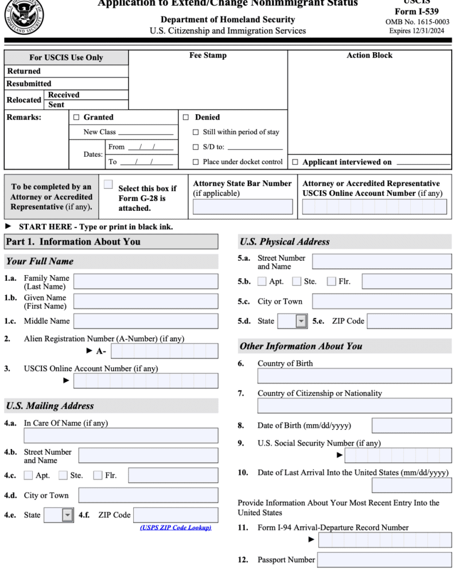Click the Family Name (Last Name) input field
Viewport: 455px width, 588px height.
point(146,281)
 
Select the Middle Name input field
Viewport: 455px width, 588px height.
point(146,321)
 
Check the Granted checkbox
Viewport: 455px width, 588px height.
point(76,117)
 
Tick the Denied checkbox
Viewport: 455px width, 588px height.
point(185,117)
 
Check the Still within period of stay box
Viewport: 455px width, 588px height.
point(196,132)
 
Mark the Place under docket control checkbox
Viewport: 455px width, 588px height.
point(196,162)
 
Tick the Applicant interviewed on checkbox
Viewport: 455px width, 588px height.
point(295,162)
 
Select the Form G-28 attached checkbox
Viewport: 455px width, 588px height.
point(108,184)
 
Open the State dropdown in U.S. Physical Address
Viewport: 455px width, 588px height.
point(301,321)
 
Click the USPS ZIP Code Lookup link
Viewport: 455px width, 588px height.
point(176,527)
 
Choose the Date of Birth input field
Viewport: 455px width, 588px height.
point(411,425)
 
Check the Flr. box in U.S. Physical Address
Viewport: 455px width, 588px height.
point(332,281)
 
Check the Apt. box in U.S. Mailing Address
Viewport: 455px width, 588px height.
point(28,475)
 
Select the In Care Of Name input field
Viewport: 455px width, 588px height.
point(120,435)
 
